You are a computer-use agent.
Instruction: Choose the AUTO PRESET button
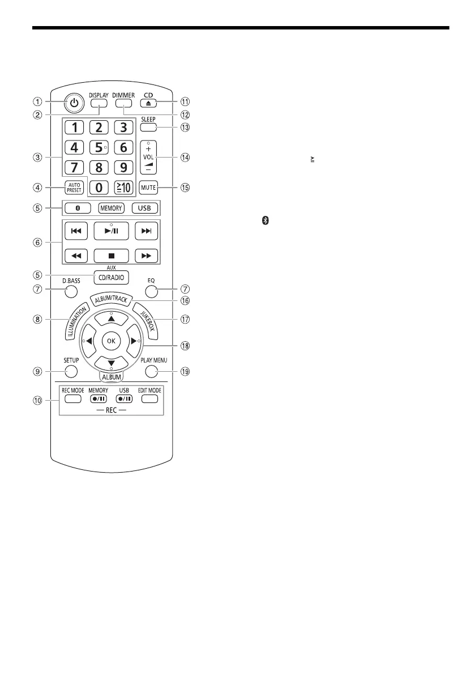(75, 186)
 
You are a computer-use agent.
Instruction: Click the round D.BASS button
(71, 292)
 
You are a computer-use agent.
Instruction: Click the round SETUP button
(71, 372)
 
